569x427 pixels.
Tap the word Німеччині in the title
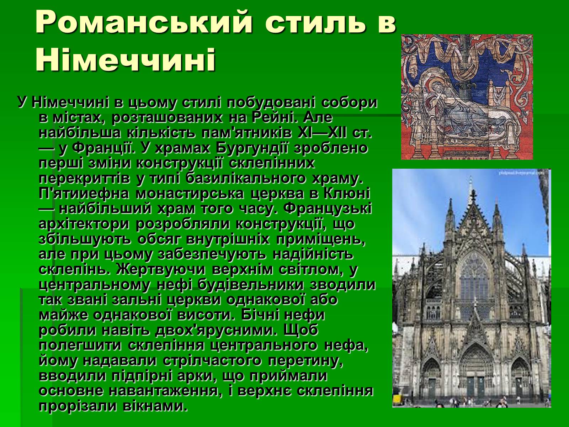click(126, 60)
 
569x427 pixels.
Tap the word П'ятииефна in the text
click(84, 194)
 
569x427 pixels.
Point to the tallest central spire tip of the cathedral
click(470, 179)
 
